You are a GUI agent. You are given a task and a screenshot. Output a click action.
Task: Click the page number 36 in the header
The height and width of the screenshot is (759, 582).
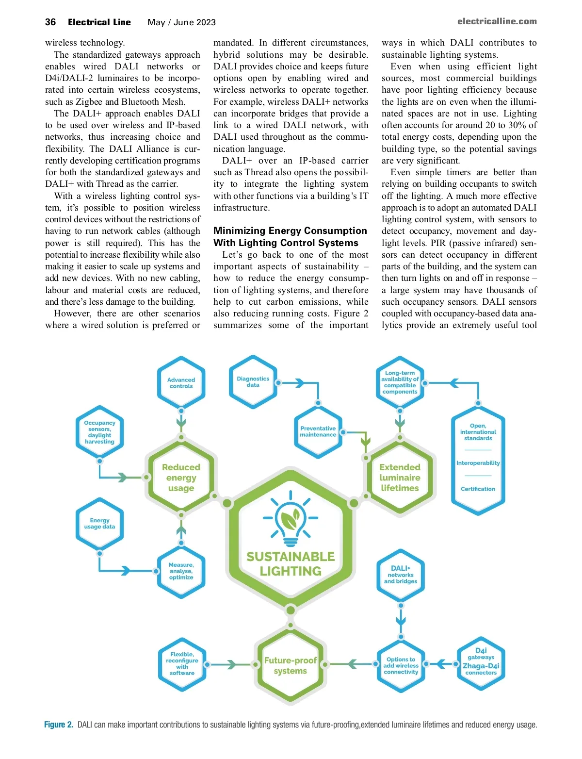[x=50, y=22]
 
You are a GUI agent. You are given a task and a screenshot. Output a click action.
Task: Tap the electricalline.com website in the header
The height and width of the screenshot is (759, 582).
[x=497, y=21]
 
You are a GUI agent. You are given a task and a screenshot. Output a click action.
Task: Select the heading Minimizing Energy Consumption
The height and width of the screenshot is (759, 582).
[x=290, y=231]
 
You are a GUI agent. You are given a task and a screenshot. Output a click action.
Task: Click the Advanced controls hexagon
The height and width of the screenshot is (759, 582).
[x=181, y=383]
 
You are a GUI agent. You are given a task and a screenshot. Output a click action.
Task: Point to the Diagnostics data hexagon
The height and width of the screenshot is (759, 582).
[x=253, y=382]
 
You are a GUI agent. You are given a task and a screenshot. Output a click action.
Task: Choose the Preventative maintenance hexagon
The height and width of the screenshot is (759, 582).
[x=318, y=431]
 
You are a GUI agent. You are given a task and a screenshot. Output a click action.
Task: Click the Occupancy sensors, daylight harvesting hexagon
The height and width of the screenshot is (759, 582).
[x=99, y=432]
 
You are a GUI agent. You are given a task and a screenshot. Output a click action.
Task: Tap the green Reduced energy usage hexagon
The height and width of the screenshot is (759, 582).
[x=181, y=478]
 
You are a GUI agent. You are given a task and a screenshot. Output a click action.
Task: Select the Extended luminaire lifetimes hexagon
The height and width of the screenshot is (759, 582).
[x=400, y=478]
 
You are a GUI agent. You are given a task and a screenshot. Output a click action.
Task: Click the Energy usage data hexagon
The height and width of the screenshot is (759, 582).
[x=99, y=524]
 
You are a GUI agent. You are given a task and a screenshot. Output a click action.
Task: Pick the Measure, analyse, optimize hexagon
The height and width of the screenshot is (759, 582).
[x=181, y=571]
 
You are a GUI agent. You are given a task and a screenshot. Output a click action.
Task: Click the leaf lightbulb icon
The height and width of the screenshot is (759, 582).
[x=291, y=518]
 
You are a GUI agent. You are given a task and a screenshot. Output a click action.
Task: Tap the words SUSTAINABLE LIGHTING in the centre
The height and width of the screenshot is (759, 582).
[x=291, y=564]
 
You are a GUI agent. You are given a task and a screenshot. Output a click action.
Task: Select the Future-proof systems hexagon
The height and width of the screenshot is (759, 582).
[x=290, y=666]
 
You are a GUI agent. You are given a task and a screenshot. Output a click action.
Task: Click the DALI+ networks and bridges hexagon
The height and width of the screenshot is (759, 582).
[x=401, y=575]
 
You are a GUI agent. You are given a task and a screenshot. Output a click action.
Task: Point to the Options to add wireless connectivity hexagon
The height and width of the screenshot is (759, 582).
[x=401, y=666]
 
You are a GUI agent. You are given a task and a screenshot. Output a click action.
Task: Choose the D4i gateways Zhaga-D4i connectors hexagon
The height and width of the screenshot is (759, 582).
[x=481, y=662]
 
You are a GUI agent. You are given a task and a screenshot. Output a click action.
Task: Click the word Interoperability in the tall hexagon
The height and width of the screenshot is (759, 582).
[x=478, y=463]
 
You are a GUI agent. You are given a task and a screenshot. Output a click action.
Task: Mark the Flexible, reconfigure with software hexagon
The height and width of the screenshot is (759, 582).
[x=182, y=664]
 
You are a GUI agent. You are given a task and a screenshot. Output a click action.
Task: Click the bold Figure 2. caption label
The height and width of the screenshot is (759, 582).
[x=59, y=725]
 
